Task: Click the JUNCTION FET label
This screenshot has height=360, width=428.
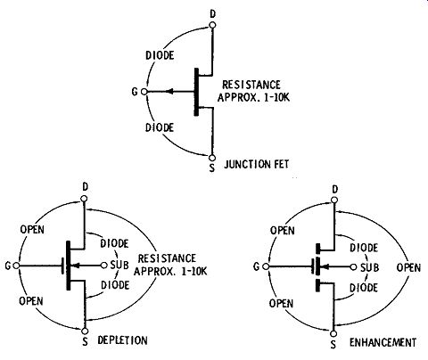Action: pyautogui.click(x=256, y=164)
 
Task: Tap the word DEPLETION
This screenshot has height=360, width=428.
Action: pyautogui.click(x=122, y=340)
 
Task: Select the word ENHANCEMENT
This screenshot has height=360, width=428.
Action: pyautogui.click(x=383, y=342)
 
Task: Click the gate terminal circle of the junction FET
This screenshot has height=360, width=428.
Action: pyautogui.click(x=144, y=92)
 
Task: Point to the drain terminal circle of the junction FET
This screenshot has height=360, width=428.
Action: pyautogui.click(x=212, y=25)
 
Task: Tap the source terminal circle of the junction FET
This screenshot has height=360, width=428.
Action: pyautogui.click(x=212, y=158)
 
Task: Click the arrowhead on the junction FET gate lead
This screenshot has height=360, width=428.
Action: pyautogui.click(x=169, y=92)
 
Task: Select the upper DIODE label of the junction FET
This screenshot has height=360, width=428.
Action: pyautogui.click(x=160, y=55)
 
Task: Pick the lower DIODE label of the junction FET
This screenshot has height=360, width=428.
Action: pyautogui.click(x=160, y=127)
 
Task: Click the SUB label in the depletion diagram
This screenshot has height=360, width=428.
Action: pyautogui.click(x=119, y=265)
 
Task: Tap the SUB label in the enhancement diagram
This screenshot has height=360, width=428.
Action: pyautogui.click(x=370, y=267)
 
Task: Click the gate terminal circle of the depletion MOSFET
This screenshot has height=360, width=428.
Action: pyautogui.click(x=16, y=266)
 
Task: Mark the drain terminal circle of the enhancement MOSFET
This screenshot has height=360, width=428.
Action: pyautogui.click(x=334, y=200)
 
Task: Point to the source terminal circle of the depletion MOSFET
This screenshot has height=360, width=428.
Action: pyautogui.click(x=85, y=331)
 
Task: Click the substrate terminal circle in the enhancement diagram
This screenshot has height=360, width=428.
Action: pyautogui.click(x=353, y=267)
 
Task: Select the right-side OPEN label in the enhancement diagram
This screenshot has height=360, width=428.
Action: pyautogui.click(x=408, y=267)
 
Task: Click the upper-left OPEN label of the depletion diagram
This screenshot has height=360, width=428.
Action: pyautogui.click(x=32, y=229)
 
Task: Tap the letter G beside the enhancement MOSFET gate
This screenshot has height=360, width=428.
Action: pyautogui.click(x=257, y=266)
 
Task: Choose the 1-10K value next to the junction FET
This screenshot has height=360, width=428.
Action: pyautogui.click(x=272, y=97)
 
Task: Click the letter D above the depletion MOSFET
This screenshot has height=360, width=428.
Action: pyautogui.click(x=86, y=187)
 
